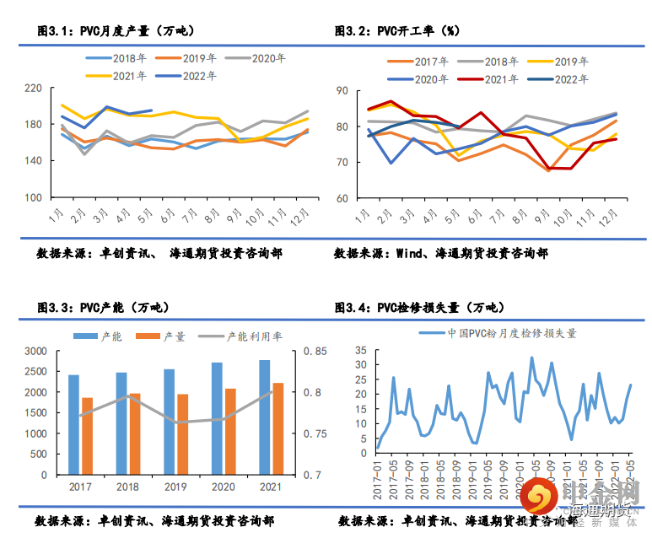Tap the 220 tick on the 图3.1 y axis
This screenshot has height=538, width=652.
click(34, 88)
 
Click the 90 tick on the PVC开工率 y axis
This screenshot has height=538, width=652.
click(342, 90)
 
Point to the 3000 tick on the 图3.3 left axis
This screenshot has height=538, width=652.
click(35, 351)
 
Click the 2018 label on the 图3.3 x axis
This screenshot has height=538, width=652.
click(128, 488)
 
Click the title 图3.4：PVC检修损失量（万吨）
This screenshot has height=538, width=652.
click(418, 306)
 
